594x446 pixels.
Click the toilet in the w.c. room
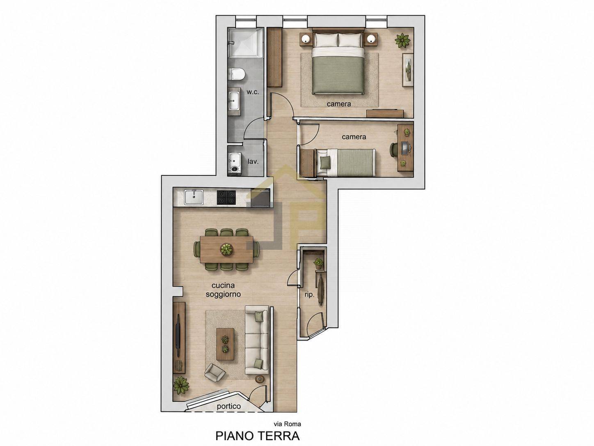click(x=237, y=74)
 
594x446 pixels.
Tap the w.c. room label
click(x=252, y=92)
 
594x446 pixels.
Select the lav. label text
click(x=253, y=162)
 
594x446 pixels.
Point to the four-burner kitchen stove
click(x=226, y=197)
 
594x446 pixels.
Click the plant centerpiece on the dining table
click(x=226, y=249)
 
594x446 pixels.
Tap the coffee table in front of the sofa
click(x=225, y=344)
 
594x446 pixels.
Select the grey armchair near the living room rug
click(x=215, y=372)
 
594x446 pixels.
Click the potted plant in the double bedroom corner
click(x=402, y=41)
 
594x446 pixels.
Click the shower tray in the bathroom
click(x=246, y=43)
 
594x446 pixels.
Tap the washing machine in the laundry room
click(x=235, y=162)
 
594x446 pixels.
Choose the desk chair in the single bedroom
click(x=394, y=149)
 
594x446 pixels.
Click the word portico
click(x=228, y=414)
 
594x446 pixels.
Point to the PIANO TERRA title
click(x=258, y=436)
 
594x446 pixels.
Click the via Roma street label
click(x=288, y=424)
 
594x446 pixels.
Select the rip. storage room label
click(x=309, y=294)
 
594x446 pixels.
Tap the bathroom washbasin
click(x=234, y=100)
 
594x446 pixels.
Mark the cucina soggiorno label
click(x=223, y=290)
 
